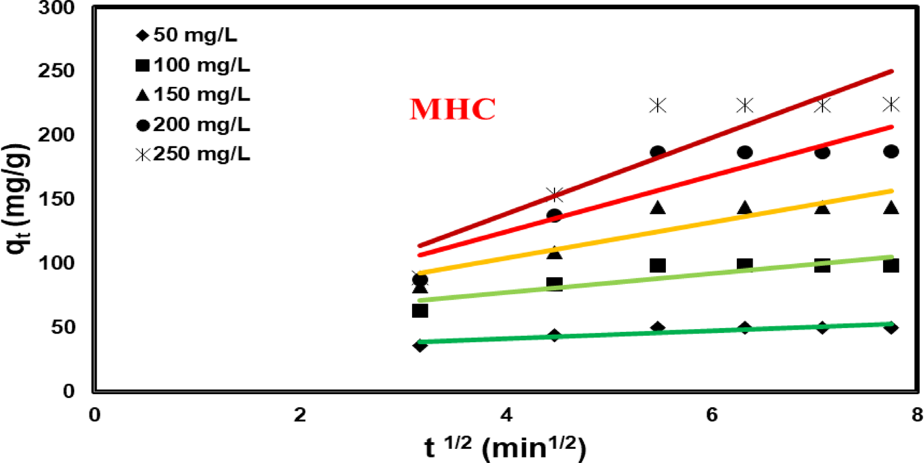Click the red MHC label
pyautogui.click(x=452, y=109)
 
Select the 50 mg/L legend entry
pyautogui.click(x=187, y=35)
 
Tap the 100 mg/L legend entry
pyautogui.click(x=193, y=66)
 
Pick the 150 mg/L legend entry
pyautogui.click(x=193, y=94)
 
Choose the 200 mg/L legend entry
pyautogui.click(x=193, y=125)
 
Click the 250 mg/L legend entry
pyautogui.click(x=193, y=154)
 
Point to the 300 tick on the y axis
pyautogui.click(x=56, y=8)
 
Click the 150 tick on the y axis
pyautogui.click(x=56, y=199)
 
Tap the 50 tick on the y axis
pyautogui.click(x=62, y=327)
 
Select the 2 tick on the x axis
pyautogui.click(x=300, y=415)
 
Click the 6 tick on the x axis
pyautogui.click(x=712, y=415)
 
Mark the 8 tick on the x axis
pyautogui.click(x=917, y=415)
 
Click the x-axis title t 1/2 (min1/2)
pyautogui.click(x=505, y=448)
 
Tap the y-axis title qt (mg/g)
pyautogui.click(x=16, y=199)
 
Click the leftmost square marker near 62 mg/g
pyautogui.click(x=420, y=311)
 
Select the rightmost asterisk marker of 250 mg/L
pyautogui.click(x=891, y=104)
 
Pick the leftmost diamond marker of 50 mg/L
pyautogui.click(x=420, y=345)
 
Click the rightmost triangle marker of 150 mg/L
pyautogui.click(x=891, y=207)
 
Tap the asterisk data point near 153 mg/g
pyautogui.click(x=555, y=194)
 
